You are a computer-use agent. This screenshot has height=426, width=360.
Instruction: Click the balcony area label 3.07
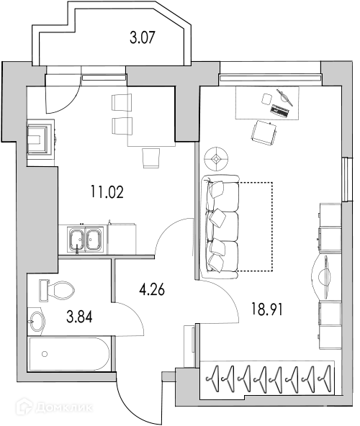click(143, 37)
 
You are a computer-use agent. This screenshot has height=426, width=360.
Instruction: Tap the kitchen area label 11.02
click(107, 191)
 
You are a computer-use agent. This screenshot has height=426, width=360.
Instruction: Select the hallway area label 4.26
click(152, 289)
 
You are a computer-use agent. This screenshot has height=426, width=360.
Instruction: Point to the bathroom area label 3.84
click(79, 317)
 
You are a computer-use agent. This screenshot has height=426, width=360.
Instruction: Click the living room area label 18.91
click(266, 309)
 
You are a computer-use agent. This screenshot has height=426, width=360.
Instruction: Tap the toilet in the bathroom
click(57, 291)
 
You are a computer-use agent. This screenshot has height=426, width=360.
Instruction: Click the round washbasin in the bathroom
click(37, 322)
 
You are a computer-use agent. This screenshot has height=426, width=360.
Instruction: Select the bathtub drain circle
click(45, 354)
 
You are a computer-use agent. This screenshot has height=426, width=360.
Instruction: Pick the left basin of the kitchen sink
click(76, 240)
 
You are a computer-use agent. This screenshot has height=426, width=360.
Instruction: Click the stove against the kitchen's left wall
click(41, 139)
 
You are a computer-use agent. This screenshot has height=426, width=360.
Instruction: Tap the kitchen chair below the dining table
click(150, 158)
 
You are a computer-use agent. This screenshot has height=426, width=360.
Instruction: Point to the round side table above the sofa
click(216, 159)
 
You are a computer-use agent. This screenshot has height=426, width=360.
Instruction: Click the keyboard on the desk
click(280, 111)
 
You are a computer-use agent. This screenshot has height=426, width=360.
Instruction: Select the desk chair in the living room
click(264, 133)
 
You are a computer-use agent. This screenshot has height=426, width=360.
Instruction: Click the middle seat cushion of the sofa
click(222, 226)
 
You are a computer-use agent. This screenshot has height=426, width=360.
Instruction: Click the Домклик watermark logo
click(54, 407)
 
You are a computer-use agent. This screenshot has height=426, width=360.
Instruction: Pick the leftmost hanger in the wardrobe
click(213, 379)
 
